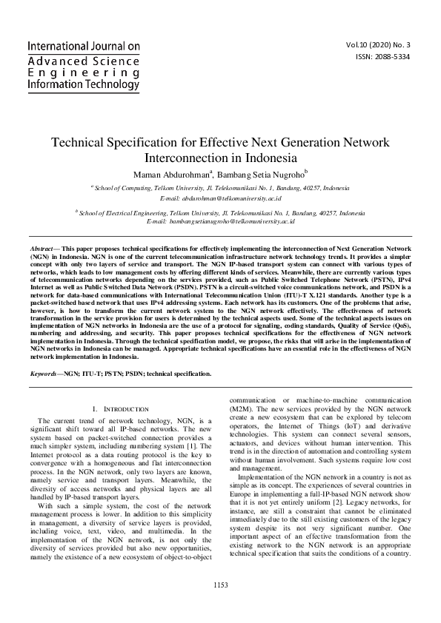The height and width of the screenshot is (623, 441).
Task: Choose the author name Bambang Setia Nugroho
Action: [259, 174]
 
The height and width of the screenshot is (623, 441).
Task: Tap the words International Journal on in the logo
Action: [83, 47]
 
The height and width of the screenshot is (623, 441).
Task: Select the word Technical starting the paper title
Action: [82, 143]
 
